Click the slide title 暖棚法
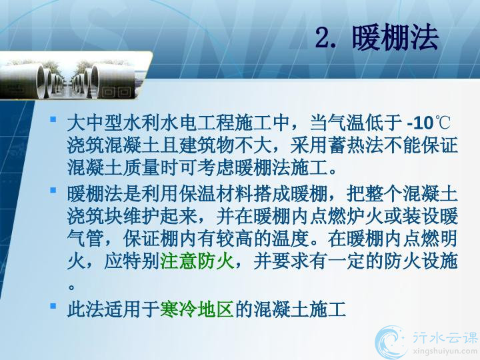(395, 38)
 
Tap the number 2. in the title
(326, 38)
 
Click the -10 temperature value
(420, 123)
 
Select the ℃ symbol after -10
(442, 123)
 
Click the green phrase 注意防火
(197, 261)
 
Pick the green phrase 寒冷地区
(197, 309)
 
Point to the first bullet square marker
(53, 119)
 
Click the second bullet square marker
(53, 190)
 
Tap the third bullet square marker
(53, 305)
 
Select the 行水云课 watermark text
(445, 337)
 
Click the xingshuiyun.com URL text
(445, 351)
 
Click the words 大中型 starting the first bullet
(95, 123)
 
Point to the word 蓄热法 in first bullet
(356, 145)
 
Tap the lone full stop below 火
(71, 287)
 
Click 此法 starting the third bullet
(86, 309)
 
